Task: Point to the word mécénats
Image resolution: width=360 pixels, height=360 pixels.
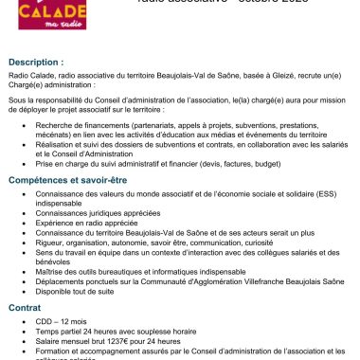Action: click(51, 133)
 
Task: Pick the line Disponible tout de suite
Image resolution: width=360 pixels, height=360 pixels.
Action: click(77, 292)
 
